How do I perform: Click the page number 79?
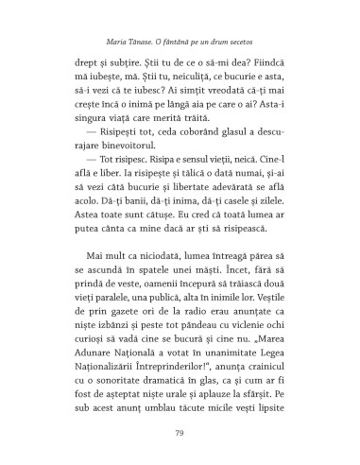pos(179,434)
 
